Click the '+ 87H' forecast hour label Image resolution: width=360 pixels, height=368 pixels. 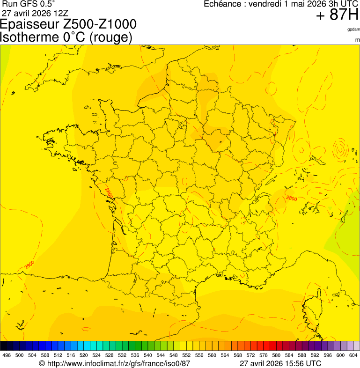pos(337,15)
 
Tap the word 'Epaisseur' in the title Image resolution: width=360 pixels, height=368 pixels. pos(32,24)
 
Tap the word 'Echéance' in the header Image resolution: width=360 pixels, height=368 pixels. pos(221,4)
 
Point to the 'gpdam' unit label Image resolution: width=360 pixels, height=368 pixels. pos(353,29)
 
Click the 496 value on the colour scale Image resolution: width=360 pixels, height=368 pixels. pos(7,355)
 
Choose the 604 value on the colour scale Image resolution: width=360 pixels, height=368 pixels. pos(353,355)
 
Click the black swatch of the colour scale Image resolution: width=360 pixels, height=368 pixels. pos(3,346)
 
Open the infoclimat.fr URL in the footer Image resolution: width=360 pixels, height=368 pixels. pos(115,363)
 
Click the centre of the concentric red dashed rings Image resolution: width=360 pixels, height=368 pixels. pos(340,150)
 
